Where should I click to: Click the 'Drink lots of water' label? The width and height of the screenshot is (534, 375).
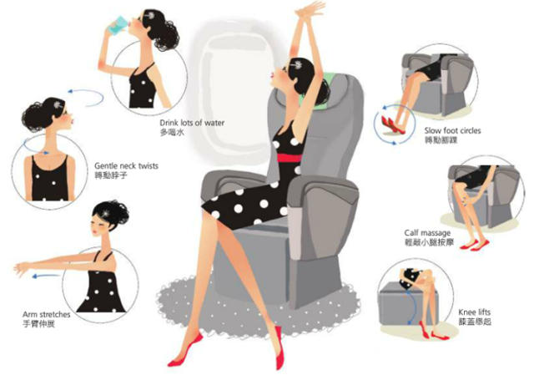pos(192,123)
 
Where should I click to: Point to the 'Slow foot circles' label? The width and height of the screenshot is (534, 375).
pos(452,131)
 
